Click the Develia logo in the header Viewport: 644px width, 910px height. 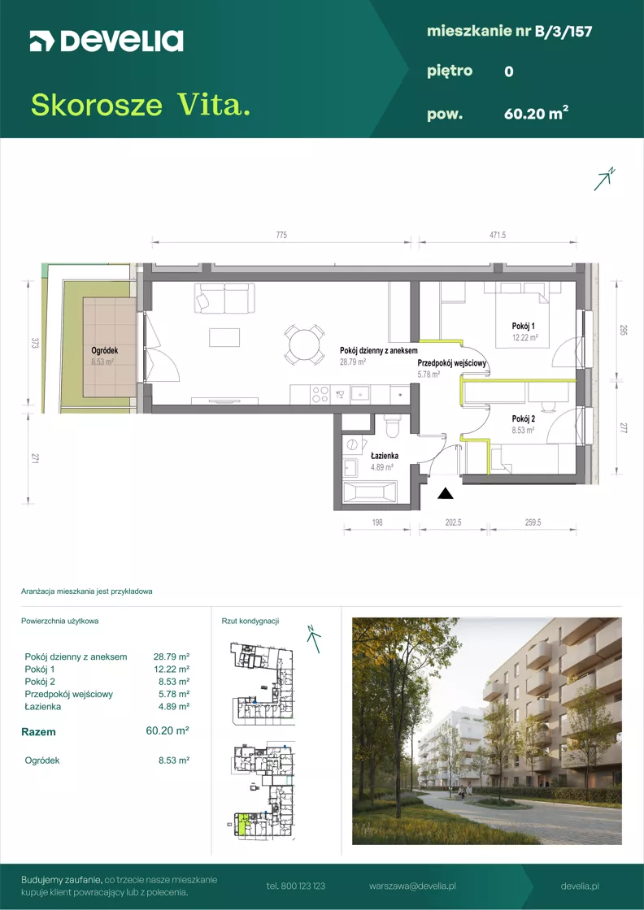pyautogui.click(x=107, y=41)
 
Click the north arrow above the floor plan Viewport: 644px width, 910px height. pyautogui.click(x=604, y=180)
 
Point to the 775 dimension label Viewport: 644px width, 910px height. pyautogui.click(x=281, y=235)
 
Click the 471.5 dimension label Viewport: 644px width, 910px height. pyautogui.click(x=498, y=235)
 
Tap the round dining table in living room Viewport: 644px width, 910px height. pyautogui.click(x=304, y=344)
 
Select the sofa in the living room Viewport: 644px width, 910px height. pyautogui.click(x=224, y=297)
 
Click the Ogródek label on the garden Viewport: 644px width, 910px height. pyautogui.click(x=106, y=350)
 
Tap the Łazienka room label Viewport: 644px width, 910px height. pyautogui.click(x=384, y=456)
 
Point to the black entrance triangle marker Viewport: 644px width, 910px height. pyautogui.click(x=446, y=493)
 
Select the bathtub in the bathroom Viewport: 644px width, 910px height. pyautogui.click(x=371, y=493)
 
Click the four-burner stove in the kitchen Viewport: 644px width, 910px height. pyautogui.click(x=320, y=395)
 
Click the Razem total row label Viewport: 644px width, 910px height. pyautogui.click(x=38, y=732)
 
